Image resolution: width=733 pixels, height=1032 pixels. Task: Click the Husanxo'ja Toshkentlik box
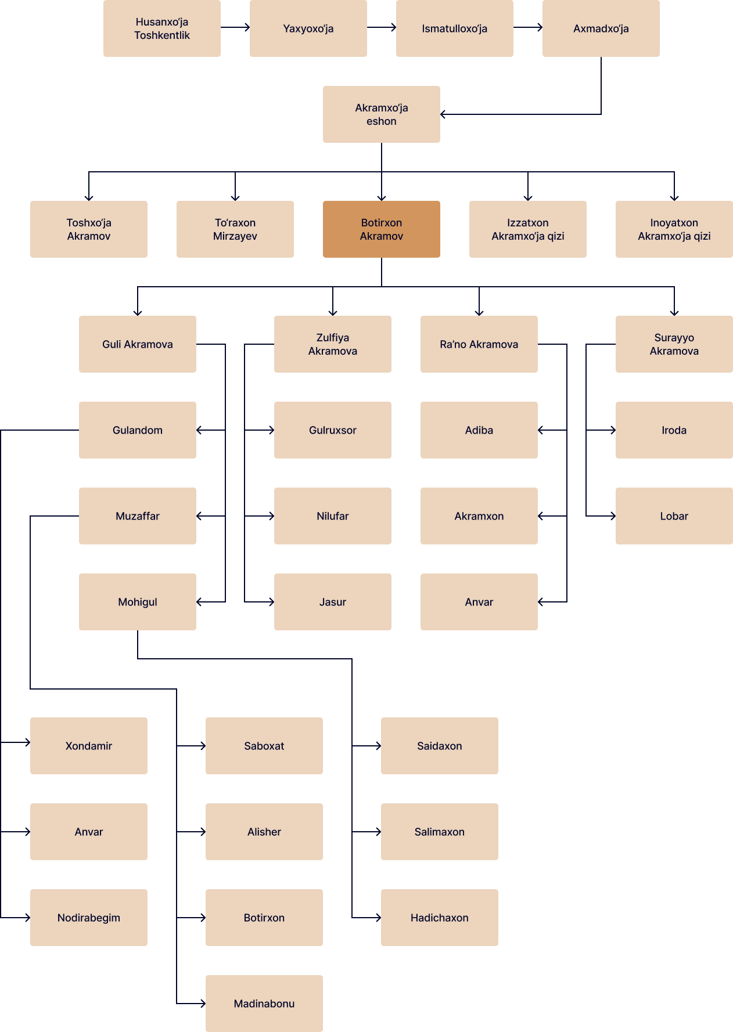tap(162, 28)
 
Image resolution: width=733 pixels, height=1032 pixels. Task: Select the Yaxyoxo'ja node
tap(308, 28)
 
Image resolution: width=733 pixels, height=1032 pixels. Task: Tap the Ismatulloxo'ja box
tap(455, 28)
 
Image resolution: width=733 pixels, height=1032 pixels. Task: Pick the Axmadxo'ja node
tap(601, 28)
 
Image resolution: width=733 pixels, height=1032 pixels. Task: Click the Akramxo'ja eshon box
tap(382, 114)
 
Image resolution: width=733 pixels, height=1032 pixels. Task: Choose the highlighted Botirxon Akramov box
tap(382, 229)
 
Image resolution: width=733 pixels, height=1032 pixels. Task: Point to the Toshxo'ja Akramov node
tap(89, 229)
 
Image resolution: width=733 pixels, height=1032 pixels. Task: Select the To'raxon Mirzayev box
tap(235, 229)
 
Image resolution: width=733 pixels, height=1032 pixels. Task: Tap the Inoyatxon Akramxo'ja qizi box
tap(674, 229)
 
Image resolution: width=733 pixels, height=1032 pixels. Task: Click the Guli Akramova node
tap(138, 344)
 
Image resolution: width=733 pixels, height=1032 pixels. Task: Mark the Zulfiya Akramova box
tap(333, 344)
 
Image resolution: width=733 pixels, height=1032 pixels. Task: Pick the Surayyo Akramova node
tap(674, 344)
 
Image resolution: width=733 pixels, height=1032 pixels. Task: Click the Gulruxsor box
tap(333, 430)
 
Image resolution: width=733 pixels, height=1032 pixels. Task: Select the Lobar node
tap(674, 516)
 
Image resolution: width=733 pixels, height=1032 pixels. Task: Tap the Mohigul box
tap(138, 602)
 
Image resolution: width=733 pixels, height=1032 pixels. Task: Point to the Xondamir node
tap(89, 746)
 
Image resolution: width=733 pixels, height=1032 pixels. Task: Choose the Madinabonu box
tap(264, 1004)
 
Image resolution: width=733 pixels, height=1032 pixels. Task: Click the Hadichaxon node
tap(440, 918)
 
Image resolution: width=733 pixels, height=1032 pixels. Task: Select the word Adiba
tap(479, 430)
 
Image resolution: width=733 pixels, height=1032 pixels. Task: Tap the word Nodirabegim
tap(89, 918)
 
